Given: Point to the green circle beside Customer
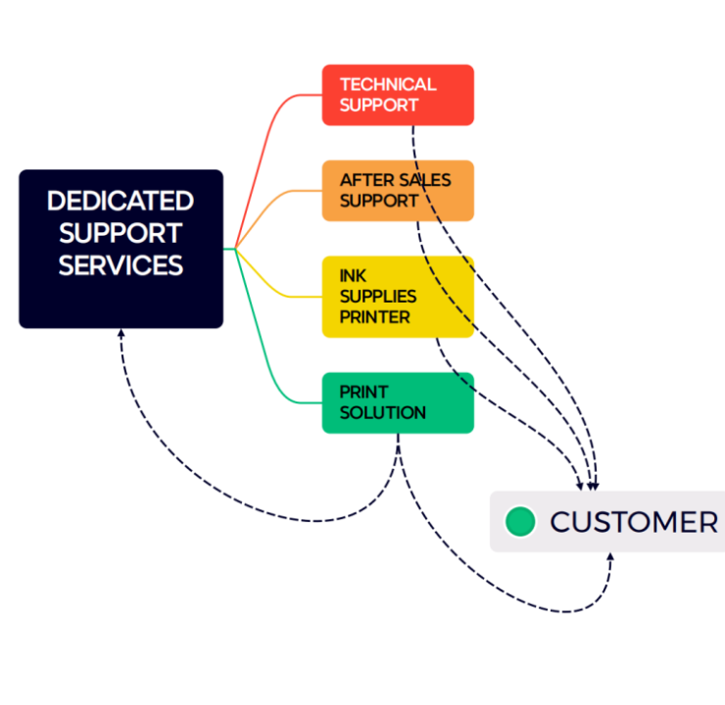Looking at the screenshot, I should click(520, 522).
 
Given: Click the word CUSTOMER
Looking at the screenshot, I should click(634, 522).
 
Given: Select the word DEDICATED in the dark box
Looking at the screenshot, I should click(121, 202).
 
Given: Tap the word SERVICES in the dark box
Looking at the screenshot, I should click(121, 265).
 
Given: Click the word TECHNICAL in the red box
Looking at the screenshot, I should click(388, 84).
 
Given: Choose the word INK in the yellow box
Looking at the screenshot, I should click(353, 276).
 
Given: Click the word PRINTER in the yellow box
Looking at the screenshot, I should click(374, 317).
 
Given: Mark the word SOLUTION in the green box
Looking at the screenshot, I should click(382, 413).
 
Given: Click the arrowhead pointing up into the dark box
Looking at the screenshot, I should click(121, 334).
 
